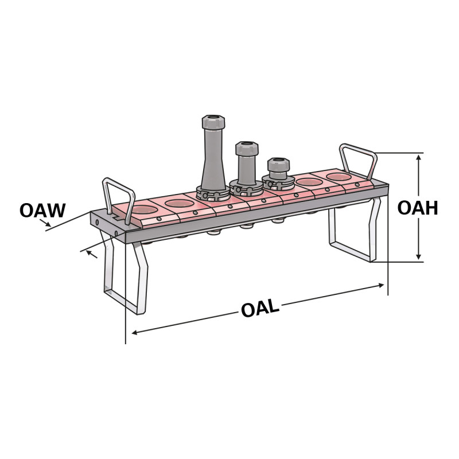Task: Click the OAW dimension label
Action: tap(42, 210)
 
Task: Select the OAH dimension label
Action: tap(418, 208)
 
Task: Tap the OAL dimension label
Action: tap(260, 308)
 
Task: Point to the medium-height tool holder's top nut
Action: tap(245, 147)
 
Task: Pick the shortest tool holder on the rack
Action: tap(276, 173)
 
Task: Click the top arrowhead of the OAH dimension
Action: tap(419, 156)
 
